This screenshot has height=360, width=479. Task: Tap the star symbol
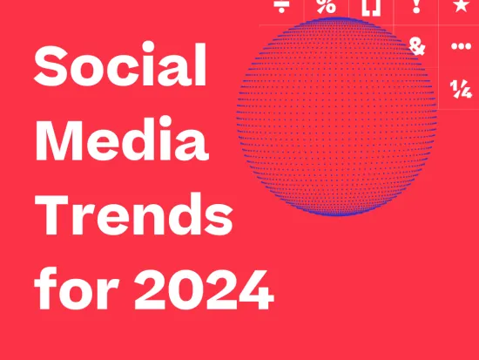[x=460, y=6]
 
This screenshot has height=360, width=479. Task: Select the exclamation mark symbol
[x=416, y=6]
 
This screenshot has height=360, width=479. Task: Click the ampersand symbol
[x=417, y=46]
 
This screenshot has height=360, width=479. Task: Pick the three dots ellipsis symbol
[x=460, y=46]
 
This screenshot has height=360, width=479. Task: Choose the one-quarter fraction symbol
[x=460, y=87]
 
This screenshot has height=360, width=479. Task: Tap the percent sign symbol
[x=326, y=6]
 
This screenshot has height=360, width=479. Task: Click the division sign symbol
[x=281, y=5]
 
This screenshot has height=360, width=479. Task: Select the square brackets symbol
[x=371, y=6]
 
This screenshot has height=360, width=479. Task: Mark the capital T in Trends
[x=51, y=218]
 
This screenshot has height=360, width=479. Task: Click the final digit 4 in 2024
[x=254, y=293]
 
